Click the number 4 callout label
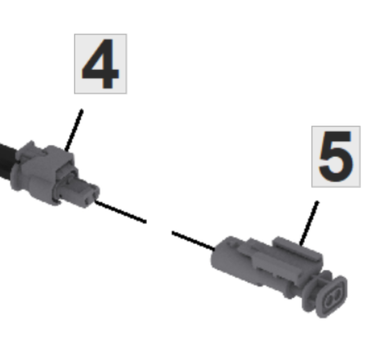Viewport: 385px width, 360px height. [x=100, y=64]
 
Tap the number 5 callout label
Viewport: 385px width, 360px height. [x=336, y=156]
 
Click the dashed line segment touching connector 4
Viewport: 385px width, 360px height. [x=121, y=212]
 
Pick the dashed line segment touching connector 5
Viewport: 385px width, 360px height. [x=193, y=240]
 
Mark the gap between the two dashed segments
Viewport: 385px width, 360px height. [x=159, y=227]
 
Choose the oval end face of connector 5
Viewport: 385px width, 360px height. [x=333, y=297]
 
